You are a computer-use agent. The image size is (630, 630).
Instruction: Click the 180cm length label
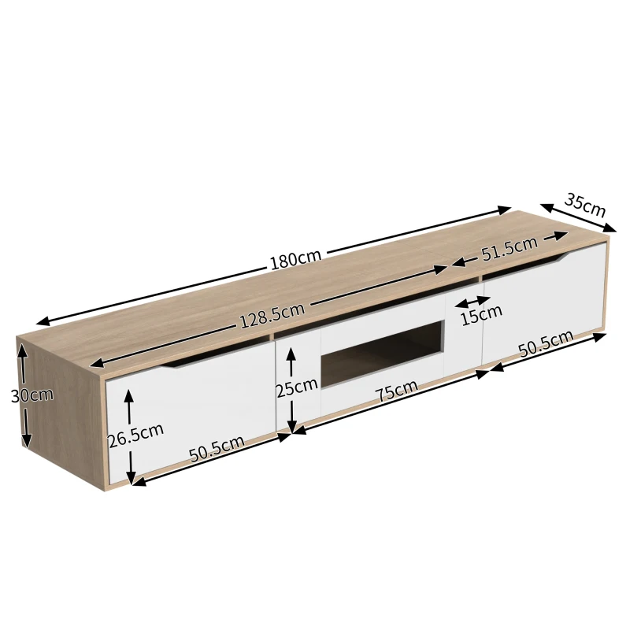[295, 260]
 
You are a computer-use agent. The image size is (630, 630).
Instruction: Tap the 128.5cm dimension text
[271, 315]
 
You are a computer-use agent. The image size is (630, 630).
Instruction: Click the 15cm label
[481, 316]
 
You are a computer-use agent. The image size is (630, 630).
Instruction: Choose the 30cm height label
[32, 395]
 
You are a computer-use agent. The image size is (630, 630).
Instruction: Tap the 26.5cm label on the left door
[135, 435]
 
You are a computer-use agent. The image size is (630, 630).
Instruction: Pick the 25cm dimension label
[297, 387]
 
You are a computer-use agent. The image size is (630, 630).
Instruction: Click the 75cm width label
[395, 391]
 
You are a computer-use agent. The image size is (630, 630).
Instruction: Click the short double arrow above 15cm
[472, 301]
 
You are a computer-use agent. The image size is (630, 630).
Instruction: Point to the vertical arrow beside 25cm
[291, 391]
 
